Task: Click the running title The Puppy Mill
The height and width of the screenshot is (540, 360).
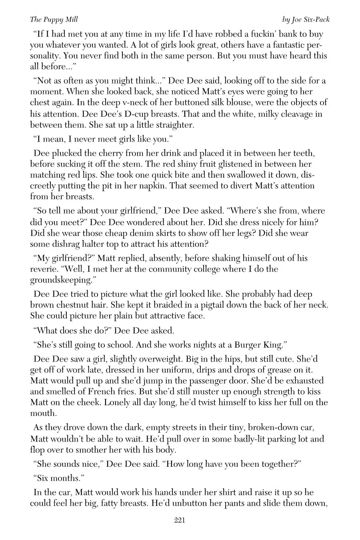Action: click(x=54, y=19)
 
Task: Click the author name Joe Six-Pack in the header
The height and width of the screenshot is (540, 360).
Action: click(x=306, y=19)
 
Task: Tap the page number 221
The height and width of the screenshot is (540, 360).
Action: click(x=180, y=520)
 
